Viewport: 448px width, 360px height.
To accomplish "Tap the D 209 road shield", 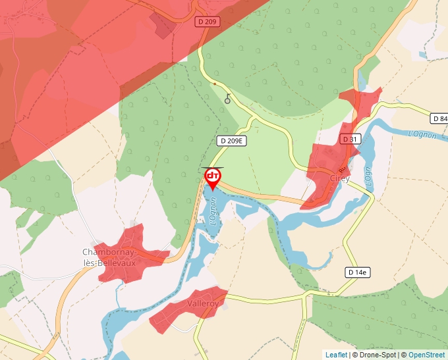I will click(x=207, y=22).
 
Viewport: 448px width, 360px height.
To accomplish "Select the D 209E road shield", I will click(x=231, y=140).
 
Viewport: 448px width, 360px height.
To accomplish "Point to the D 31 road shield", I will click(x=350, y=139).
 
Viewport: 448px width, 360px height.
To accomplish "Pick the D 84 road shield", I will click(x=439, y=118).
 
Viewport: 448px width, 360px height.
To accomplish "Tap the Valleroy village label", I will click(x=203, y=303).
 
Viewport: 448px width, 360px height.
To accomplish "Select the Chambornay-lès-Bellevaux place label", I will click(x=109, y=257).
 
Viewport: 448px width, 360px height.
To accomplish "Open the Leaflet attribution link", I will click(x=336, y=355).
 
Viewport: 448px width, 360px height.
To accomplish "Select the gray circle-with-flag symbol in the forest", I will click(x=228, y=99).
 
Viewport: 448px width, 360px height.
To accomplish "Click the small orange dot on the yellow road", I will click(x=214, y=84).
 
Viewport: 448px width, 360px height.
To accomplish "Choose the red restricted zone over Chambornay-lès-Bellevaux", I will click(x=132, y=253).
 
